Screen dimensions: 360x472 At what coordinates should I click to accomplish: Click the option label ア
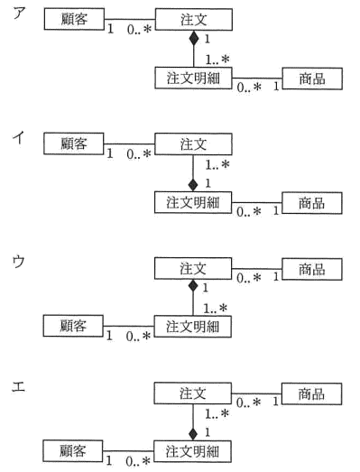18,13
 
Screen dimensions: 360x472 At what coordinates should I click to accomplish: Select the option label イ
18,138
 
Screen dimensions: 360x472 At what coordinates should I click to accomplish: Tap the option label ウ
18,261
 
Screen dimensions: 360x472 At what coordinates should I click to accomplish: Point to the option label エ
18,386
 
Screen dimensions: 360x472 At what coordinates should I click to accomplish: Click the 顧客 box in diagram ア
74,19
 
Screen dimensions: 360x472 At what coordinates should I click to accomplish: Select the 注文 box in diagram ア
194,20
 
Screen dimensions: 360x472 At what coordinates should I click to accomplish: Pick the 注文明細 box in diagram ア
193,79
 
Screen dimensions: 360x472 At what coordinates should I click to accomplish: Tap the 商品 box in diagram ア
312,79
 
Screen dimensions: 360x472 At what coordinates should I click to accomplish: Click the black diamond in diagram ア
194,38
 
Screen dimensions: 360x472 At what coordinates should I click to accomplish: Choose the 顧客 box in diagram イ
74,143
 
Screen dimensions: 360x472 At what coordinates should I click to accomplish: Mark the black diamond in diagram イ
193,184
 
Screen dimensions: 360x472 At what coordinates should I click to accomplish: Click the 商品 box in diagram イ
312,203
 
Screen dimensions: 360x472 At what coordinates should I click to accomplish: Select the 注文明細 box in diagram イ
193,202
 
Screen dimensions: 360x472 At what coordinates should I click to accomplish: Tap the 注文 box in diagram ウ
193,268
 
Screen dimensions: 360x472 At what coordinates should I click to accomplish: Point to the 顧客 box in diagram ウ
73,326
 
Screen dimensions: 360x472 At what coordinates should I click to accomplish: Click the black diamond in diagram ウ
193,286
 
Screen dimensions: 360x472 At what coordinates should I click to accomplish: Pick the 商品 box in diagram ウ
312,269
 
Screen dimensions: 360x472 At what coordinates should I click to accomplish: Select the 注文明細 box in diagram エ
192,451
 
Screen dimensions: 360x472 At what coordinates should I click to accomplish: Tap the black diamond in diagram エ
193,433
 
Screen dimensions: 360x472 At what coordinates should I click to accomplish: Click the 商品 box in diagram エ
311,393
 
